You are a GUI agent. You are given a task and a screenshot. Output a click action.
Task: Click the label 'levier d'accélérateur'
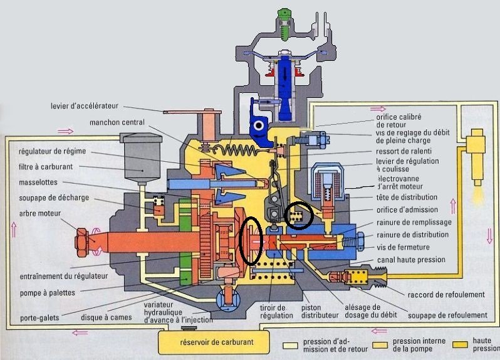coord(85,105)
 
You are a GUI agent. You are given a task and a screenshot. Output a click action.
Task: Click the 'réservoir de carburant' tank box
coord(209,342)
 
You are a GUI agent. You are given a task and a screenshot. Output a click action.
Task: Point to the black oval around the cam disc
coord(251,239)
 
